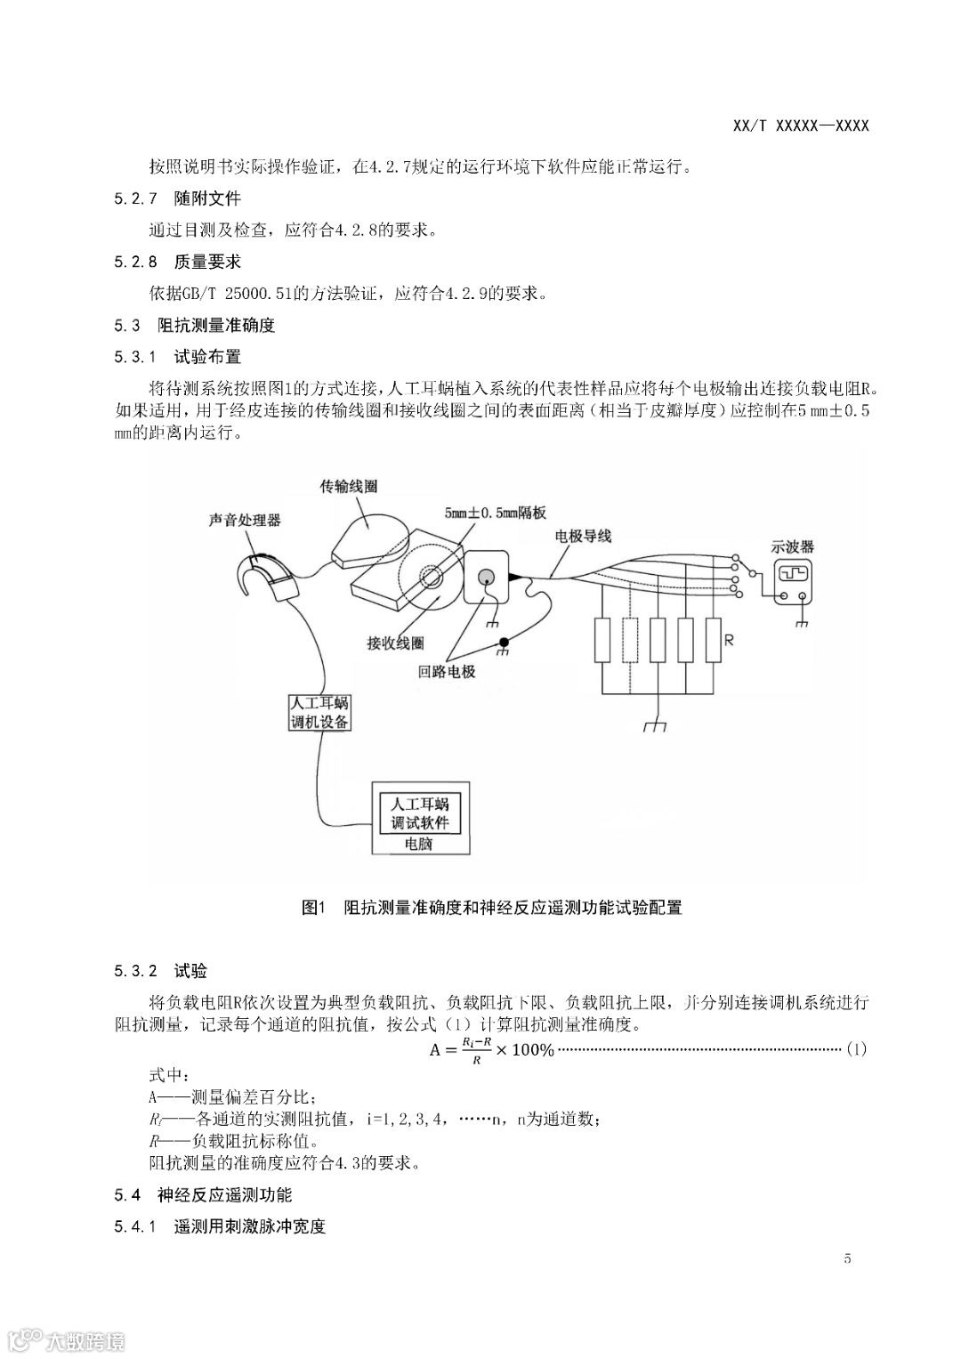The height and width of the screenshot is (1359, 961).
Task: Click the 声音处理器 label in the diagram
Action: pyautogui.click(x=245, y=521)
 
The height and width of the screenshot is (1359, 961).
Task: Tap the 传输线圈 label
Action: pyautogui.click(x=349, y=487)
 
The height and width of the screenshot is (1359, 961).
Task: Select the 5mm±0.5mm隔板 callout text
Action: pyautogui.click(x=496, y=514)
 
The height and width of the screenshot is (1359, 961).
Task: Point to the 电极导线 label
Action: pyautogui.click(x=583, y=536)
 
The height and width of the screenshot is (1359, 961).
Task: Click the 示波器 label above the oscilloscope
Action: pyautogui.click(x=792, y=547)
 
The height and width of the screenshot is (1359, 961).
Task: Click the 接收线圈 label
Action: pyautogui.click(x=395, y=643)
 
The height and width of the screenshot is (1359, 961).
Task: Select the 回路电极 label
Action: pyautogui.click(x=447, y=672)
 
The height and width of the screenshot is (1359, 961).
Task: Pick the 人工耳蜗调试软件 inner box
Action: pyautogui.click(x=420, y=813)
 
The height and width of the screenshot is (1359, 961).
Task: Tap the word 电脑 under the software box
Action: pyautogui.click(x=418, y=844)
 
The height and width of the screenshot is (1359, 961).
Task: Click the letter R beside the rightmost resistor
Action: pyautogui.click(x=729, y=640)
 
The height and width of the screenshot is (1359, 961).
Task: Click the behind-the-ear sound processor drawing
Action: pyautogui.click(x=267, y=577)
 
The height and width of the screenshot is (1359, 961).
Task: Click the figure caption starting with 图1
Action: pyautogui.click(x=492, y=908)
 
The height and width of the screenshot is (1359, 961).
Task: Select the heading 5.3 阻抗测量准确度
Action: pyautogui.click(x=195, y=326)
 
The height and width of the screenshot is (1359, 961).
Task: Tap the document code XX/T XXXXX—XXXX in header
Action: pyautogui.click(x=801, y=125)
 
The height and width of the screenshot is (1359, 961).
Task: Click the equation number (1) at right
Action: pyautogui.click(x=855, y=1049)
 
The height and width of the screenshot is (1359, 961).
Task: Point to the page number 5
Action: pyautogui.click(x=847, y=1258)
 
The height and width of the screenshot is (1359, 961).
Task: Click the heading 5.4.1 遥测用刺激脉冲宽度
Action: pyautogui.click(x=220, y=1226)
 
